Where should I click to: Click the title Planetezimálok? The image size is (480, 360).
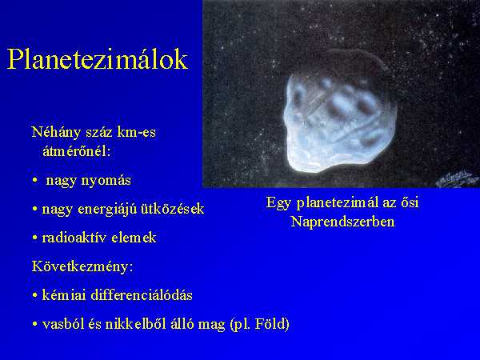click(97, 59)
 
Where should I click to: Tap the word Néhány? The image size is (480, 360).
click(56, 133)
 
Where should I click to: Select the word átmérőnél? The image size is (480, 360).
click(76, 151)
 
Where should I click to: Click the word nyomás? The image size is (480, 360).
click(106, 181)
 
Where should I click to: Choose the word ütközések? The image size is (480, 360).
click(172, 209)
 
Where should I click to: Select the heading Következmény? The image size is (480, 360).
click(82, 266)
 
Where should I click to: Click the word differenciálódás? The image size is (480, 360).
click(142, 295)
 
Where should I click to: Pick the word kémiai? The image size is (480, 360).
click(64, 295)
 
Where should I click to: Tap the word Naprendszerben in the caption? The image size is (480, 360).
click(342, 222)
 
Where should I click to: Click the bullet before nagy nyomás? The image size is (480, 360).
click(35, 181)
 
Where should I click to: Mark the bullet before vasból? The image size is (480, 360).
click(35, 325)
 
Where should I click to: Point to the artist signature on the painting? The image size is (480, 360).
click(457, 178)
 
